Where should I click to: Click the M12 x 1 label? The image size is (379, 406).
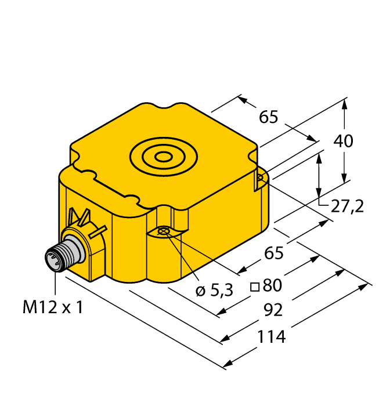pos(52,307)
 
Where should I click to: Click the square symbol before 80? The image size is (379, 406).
pos(254,287)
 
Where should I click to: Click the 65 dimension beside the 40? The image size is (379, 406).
pos(269,117)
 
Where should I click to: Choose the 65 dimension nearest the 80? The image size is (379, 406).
pos(274,253)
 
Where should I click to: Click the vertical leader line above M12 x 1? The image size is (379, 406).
pos(55,283)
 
